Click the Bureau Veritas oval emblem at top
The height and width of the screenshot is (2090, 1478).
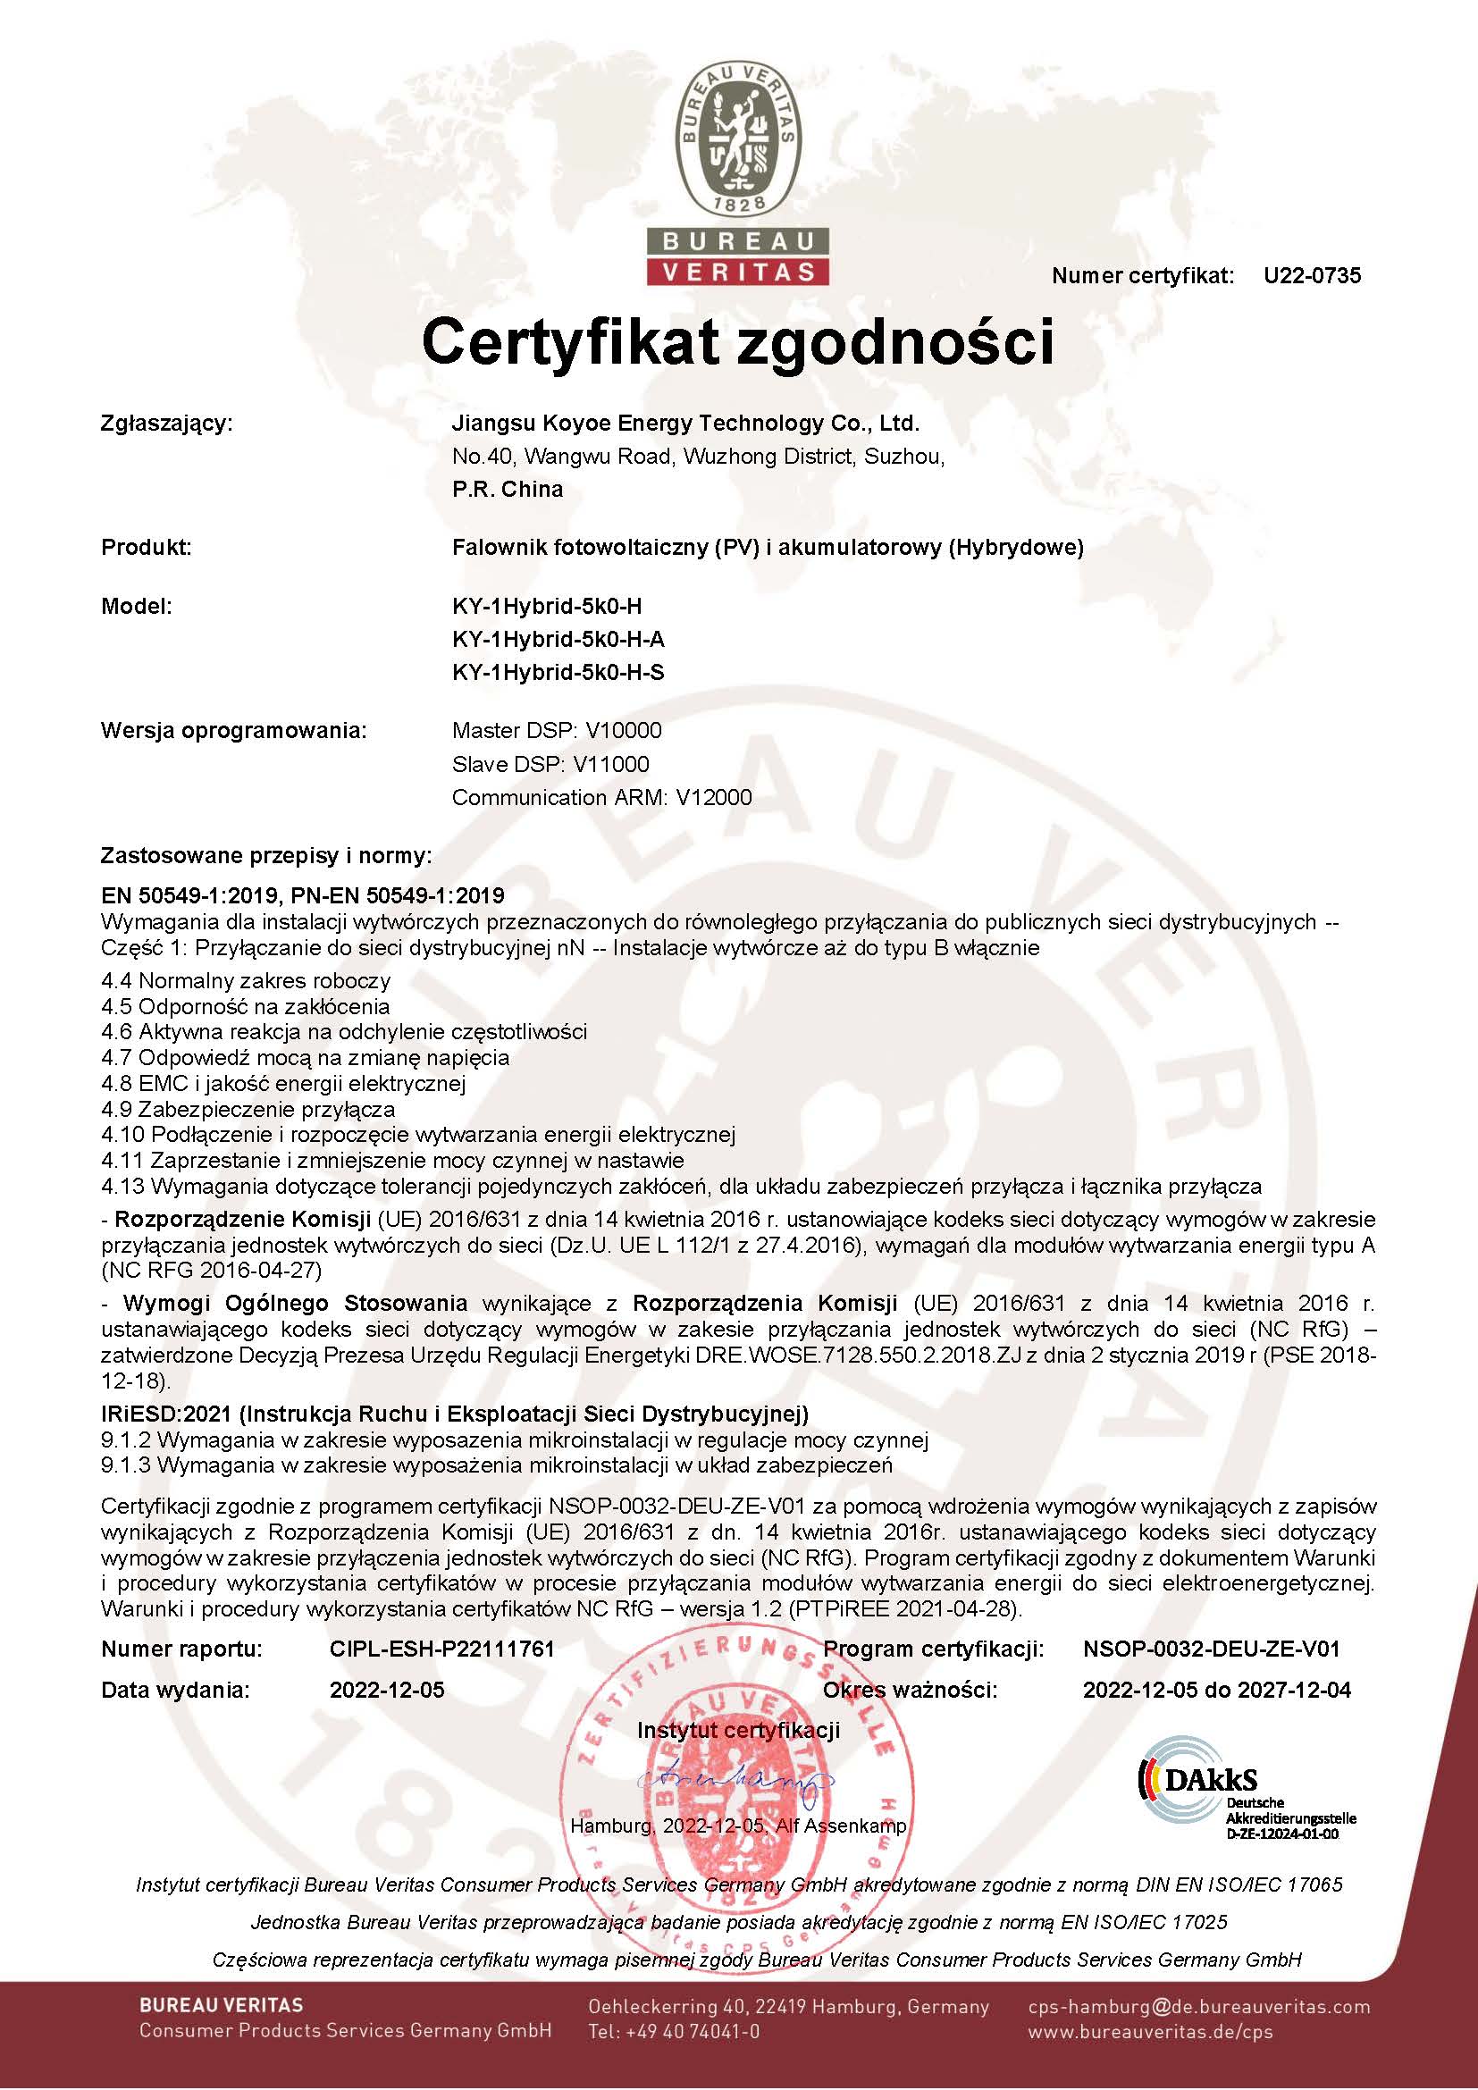738,137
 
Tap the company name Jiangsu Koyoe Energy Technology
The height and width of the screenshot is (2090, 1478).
685,424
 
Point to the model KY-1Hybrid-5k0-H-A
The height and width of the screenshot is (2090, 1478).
558,639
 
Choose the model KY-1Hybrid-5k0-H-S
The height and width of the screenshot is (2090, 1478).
558,673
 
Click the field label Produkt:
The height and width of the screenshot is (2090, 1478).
146,547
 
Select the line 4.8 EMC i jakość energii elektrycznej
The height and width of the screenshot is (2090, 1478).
283,1083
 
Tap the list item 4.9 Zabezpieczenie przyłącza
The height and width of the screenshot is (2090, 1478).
248,1109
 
